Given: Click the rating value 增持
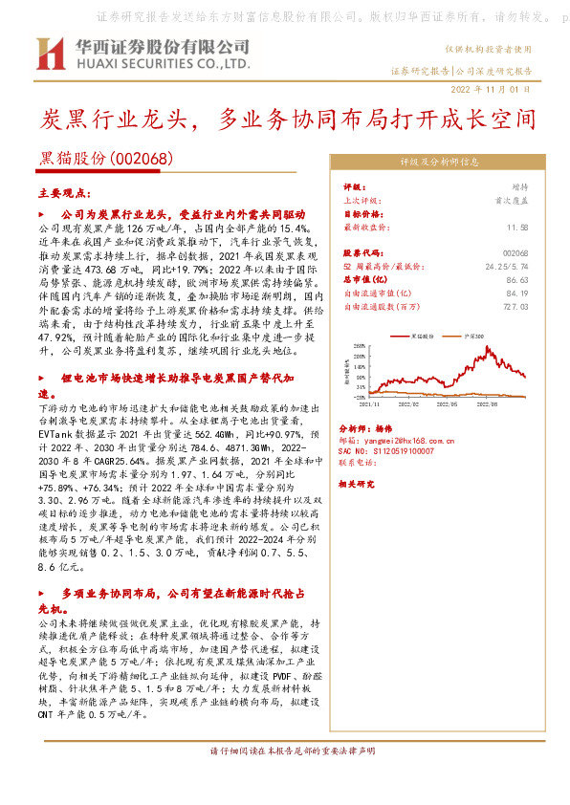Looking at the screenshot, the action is coord(518,188).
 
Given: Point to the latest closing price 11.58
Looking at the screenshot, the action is coord(517,228).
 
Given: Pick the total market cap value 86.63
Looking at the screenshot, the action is coord(517,280).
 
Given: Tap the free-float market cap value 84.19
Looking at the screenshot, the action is coord(517,294).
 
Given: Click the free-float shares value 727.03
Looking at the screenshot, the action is coord(515,306).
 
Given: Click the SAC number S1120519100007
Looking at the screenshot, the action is coord(387,450).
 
